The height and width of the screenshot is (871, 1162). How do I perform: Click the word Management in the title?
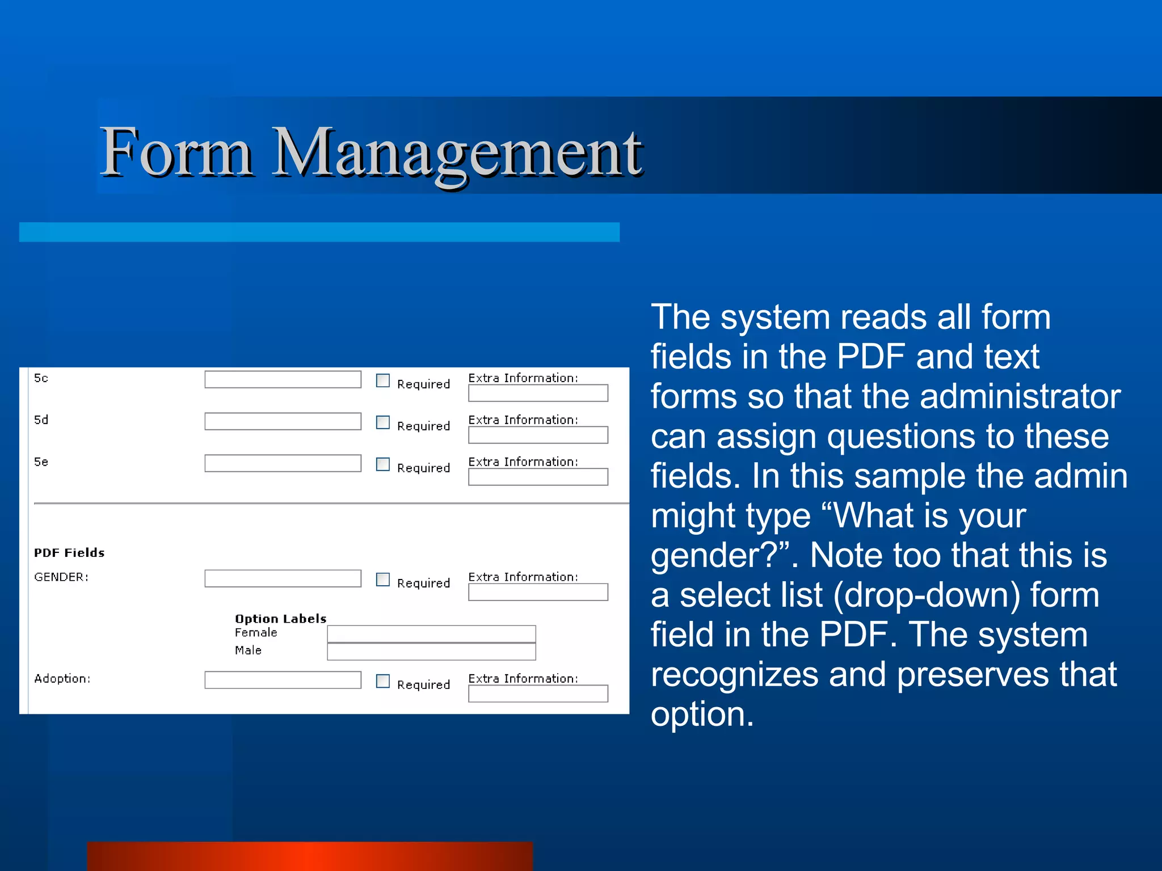click(x=457, y=153)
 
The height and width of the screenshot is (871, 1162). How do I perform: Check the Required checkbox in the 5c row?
click(x=383, y=380)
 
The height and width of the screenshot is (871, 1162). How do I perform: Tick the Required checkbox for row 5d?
click(x=383, y=422)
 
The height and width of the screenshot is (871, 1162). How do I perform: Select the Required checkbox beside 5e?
click(x=383, y=464)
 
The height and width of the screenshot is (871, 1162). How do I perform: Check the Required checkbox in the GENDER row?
click(x=383, y=580)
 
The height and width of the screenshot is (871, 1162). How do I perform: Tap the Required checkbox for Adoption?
click(x=383, y=681)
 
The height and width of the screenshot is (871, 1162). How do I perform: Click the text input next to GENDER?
click(x=283, y=578)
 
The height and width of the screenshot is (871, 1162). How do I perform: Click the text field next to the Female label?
click(x=431, y=634)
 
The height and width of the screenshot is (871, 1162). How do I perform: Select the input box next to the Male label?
click(x=431, y=652)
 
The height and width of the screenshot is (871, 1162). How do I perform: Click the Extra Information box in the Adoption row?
click(x=538, y=694)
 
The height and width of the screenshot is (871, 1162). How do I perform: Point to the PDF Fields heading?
click(x=69, y=553)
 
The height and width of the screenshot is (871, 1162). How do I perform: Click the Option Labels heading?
click(x=281, y=619)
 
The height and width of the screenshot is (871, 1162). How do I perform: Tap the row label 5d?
click(x=41, y=420)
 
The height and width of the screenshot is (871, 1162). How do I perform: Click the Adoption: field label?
click(x=62, y=679)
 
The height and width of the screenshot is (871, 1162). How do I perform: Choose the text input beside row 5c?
click(x=283, y=379)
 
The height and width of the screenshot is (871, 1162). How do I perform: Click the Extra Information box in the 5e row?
click(x=538, y=477)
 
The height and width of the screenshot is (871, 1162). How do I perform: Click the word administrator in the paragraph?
click(x=1020, y=396)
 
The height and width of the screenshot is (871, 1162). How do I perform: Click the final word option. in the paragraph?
click(x=702, y=714)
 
